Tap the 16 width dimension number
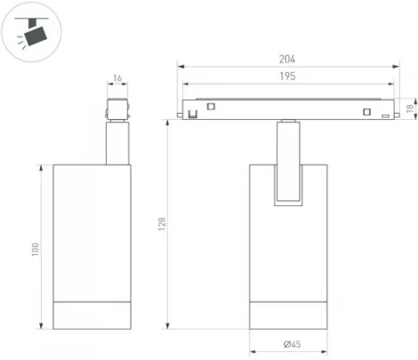pos(117,79)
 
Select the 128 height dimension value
pos(162,227)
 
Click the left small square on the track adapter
pos(213,107)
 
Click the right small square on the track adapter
pos(366,110)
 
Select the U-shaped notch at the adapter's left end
pos(191,115)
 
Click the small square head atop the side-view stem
pos(117,110)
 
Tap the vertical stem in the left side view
pos(117,144)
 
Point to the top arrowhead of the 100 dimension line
pos(42,167)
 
